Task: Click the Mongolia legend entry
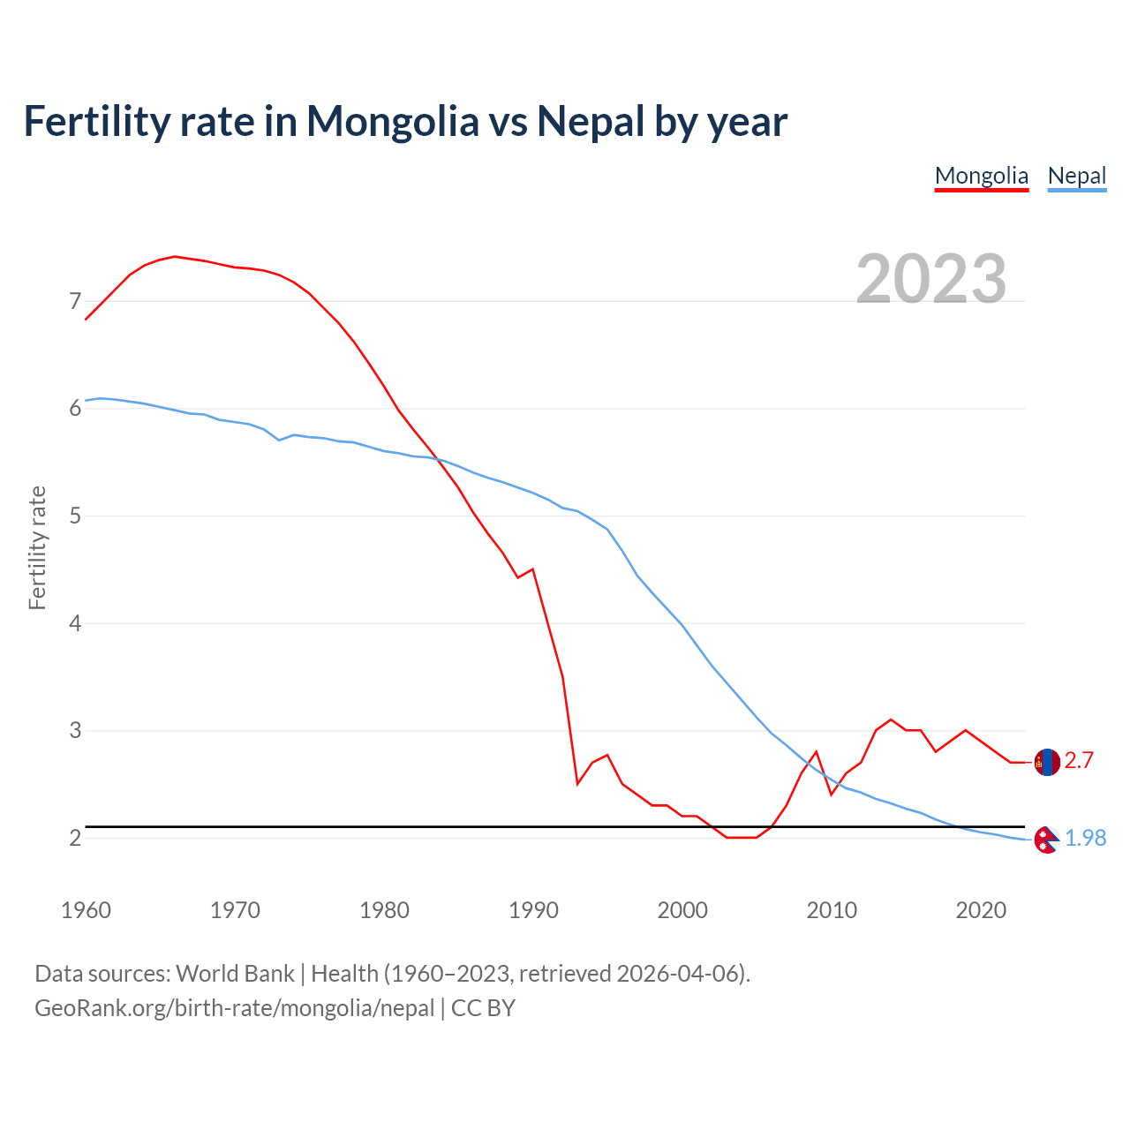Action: (982, 176)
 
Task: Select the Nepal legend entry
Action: (1077, 176)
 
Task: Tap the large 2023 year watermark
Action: (931, 278)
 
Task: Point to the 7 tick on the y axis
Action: (75, 302)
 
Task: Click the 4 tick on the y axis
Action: (75, 623)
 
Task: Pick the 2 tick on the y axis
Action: (75, 838)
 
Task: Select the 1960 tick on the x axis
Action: (86, 910)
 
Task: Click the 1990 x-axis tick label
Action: (533, 910)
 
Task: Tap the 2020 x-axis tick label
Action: (981, 910)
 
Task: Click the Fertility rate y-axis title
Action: (37, 547)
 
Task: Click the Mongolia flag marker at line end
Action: (1047, 762)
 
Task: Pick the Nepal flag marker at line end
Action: (1047, 840)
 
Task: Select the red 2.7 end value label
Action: (1079, 761)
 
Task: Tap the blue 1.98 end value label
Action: (1085, 839)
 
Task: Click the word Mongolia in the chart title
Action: (392, 122)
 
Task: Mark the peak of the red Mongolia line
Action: (175, 256)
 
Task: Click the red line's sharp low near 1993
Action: (577, 783)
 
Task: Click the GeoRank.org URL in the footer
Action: (234, 1008)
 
